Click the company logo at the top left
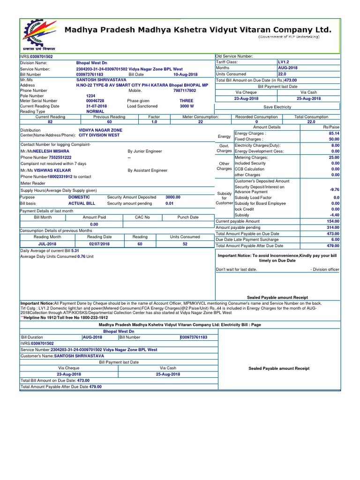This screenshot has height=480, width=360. click(39, 34)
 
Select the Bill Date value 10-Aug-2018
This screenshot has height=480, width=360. click(185, 75)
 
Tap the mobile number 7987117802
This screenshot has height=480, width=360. click(184, 90)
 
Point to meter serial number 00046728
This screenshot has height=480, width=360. click(95, 101)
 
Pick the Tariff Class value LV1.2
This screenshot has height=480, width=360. click(285, 62)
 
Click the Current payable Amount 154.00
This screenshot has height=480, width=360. click(333, 221)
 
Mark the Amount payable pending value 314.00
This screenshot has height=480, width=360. click(333, 227)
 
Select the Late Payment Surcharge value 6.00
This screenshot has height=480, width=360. click(335, 240)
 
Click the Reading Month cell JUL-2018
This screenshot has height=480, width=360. click(47, 244)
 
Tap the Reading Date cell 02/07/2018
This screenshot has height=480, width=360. click(99, 244)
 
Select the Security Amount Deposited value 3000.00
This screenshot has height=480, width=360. click(172, 197)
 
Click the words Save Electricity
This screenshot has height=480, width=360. click(277, 107)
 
